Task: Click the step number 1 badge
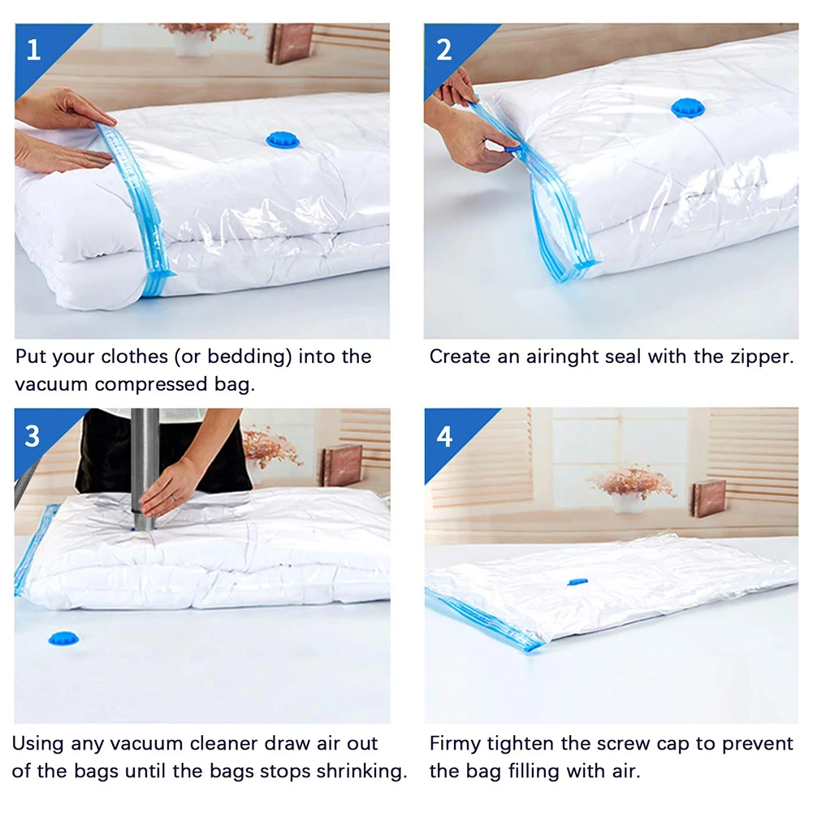pos(33,50)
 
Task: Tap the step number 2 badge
pos(443,50)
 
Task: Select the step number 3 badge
pos(32,436)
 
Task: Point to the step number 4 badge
pos(444,436)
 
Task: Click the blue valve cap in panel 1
pos(283,140)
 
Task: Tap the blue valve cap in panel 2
pos(688,108)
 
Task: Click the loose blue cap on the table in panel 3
pos(64,638)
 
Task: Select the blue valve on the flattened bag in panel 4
pos(577,582)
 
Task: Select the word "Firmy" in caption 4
pos(455,744)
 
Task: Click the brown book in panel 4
pos(708,498)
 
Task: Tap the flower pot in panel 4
pos(627,503)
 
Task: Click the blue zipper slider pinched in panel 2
pos(513,149)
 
